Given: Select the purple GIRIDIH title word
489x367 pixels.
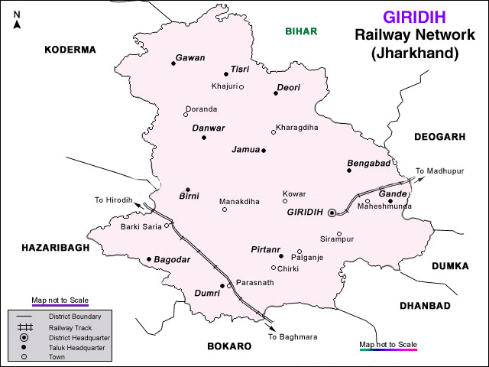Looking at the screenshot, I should [x=413, y=17].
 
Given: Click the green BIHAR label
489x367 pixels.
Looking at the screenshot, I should [x=300, y=31].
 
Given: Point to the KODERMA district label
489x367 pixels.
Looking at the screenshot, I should [x=70, y=50].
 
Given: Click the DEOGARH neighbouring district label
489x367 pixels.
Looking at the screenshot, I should [x=439, y=137].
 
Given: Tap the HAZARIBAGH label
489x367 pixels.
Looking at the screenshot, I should [x=55, y=248].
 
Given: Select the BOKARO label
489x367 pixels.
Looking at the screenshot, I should [x=229, y=346].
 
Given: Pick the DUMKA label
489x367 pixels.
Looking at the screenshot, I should [x=453, y=266].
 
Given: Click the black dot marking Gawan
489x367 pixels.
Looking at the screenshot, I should [x=173, y=63].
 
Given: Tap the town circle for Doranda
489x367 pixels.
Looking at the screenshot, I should [x=186, y=115].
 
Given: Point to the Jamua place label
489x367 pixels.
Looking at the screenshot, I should [x=246, y=151].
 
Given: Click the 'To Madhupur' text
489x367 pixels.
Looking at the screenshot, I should [x=439, y=171].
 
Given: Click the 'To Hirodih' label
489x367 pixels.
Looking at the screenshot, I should [x=114, y=200].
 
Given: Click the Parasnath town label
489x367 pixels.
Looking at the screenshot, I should [x=254, y=282].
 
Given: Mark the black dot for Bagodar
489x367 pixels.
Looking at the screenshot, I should [x=148, y=259].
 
